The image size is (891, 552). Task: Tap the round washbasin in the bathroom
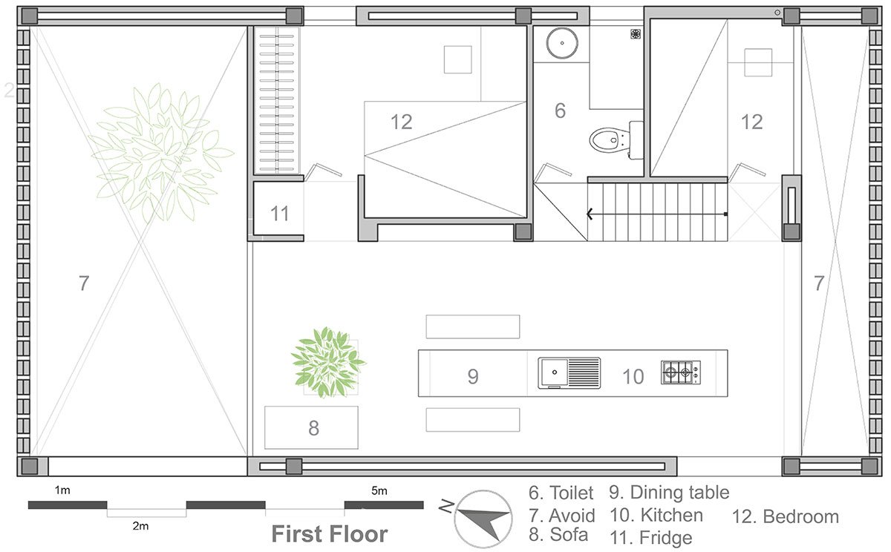tap(561, 42)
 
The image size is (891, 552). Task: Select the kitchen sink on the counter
tap(569, 372)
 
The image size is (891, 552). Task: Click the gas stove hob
tap(681, 372)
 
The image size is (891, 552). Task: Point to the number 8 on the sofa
tap(313, 428)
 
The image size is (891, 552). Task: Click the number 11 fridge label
tap(279, 214)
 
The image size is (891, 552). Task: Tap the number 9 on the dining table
tap(472, 376)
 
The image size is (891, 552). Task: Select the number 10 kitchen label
tap(633, 376)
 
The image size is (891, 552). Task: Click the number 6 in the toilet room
tap(560, 111)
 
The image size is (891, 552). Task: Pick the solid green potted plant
tap(327, 362)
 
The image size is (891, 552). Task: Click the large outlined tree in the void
tap(161, 153)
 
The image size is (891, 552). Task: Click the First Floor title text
tap(330, 533)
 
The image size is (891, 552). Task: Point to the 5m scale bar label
tap(379, 491)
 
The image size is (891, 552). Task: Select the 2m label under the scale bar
tap(140, 526)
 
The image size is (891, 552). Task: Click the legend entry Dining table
tap(680, 493)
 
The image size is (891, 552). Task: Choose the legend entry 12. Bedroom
tap(786, 516)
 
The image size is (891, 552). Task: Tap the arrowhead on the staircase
tap(590, 214)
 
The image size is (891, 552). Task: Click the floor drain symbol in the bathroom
tap(636, 34)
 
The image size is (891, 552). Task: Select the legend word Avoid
tap(572, 516)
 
